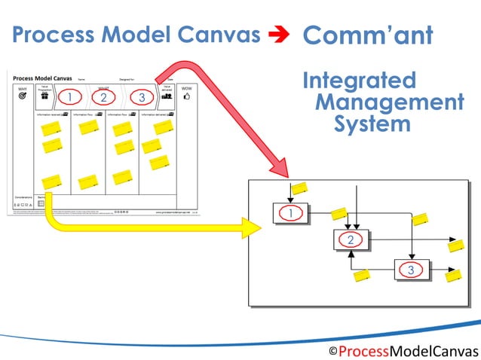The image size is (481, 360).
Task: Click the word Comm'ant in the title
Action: coord(366,35)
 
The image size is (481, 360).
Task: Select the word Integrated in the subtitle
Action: coord(358,81)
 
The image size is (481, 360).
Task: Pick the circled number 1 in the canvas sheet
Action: coord(69,97)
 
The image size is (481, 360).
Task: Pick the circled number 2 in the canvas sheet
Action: coord(104,97)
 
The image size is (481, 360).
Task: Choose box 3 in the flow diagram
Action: coord(410,269)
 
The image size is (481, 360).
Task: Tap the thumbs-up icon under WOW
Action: coord(186,98)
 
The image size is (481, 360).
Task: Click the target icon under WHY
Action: coord(23,98)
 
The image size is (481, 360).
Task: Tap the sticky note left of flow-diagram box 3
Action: coord(363,276)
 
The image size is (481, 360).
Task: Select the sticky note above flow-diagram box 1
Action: coord(299,188)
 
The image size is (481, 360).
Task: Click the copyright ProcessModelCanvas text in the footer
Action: coord(403,351)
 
